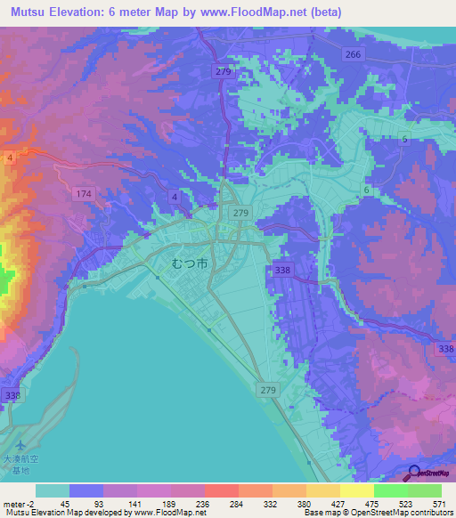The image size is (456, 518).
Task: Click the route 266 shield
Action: [354, 54]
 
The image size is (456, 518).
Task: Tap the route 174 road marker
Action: [83, 193]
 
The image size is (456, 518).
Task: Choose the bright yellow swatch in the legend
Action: [356, 490]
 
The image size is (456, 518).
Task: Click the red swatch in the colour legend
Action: [221, 490]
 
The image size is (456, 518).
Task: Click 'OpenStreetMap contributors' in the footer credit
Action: [405, 513]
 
